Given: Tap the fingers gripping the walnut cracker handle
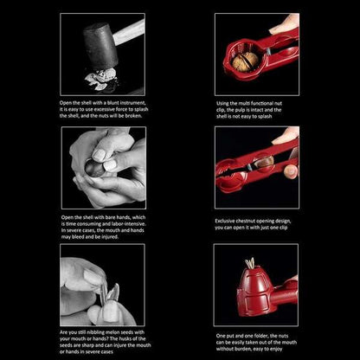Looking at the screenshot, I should coord(285,25).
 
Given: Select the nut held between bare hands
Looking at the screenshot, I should coord(94,165).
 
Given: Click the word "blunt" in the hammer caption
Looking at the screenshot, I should coord(117,103).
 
